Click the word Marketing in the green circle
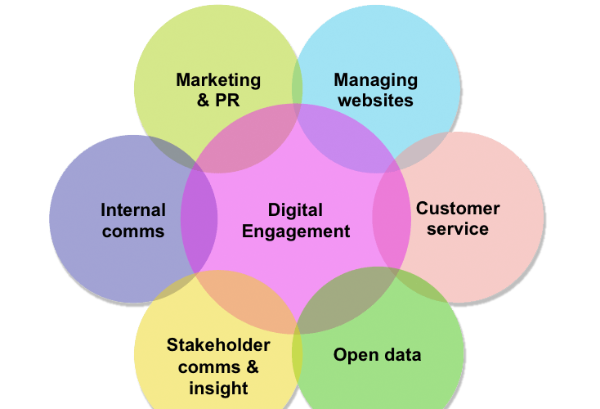tap(218, 80)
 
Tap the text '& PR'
tap(218, 101)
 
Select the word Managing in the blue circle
tap(375, 80)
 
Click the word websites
tap(375, 101)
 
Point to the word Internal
tap(132, 210)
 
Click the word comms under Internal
tap(132, 231)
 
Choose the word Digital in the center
tap(295, 210)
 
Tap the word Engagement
tap(295, 231)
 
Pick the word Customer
tap(458, 208)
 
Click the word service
tap(458, 228)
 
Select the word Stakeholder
tap(218, 344)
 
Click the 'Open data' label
tap(377, 355)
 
